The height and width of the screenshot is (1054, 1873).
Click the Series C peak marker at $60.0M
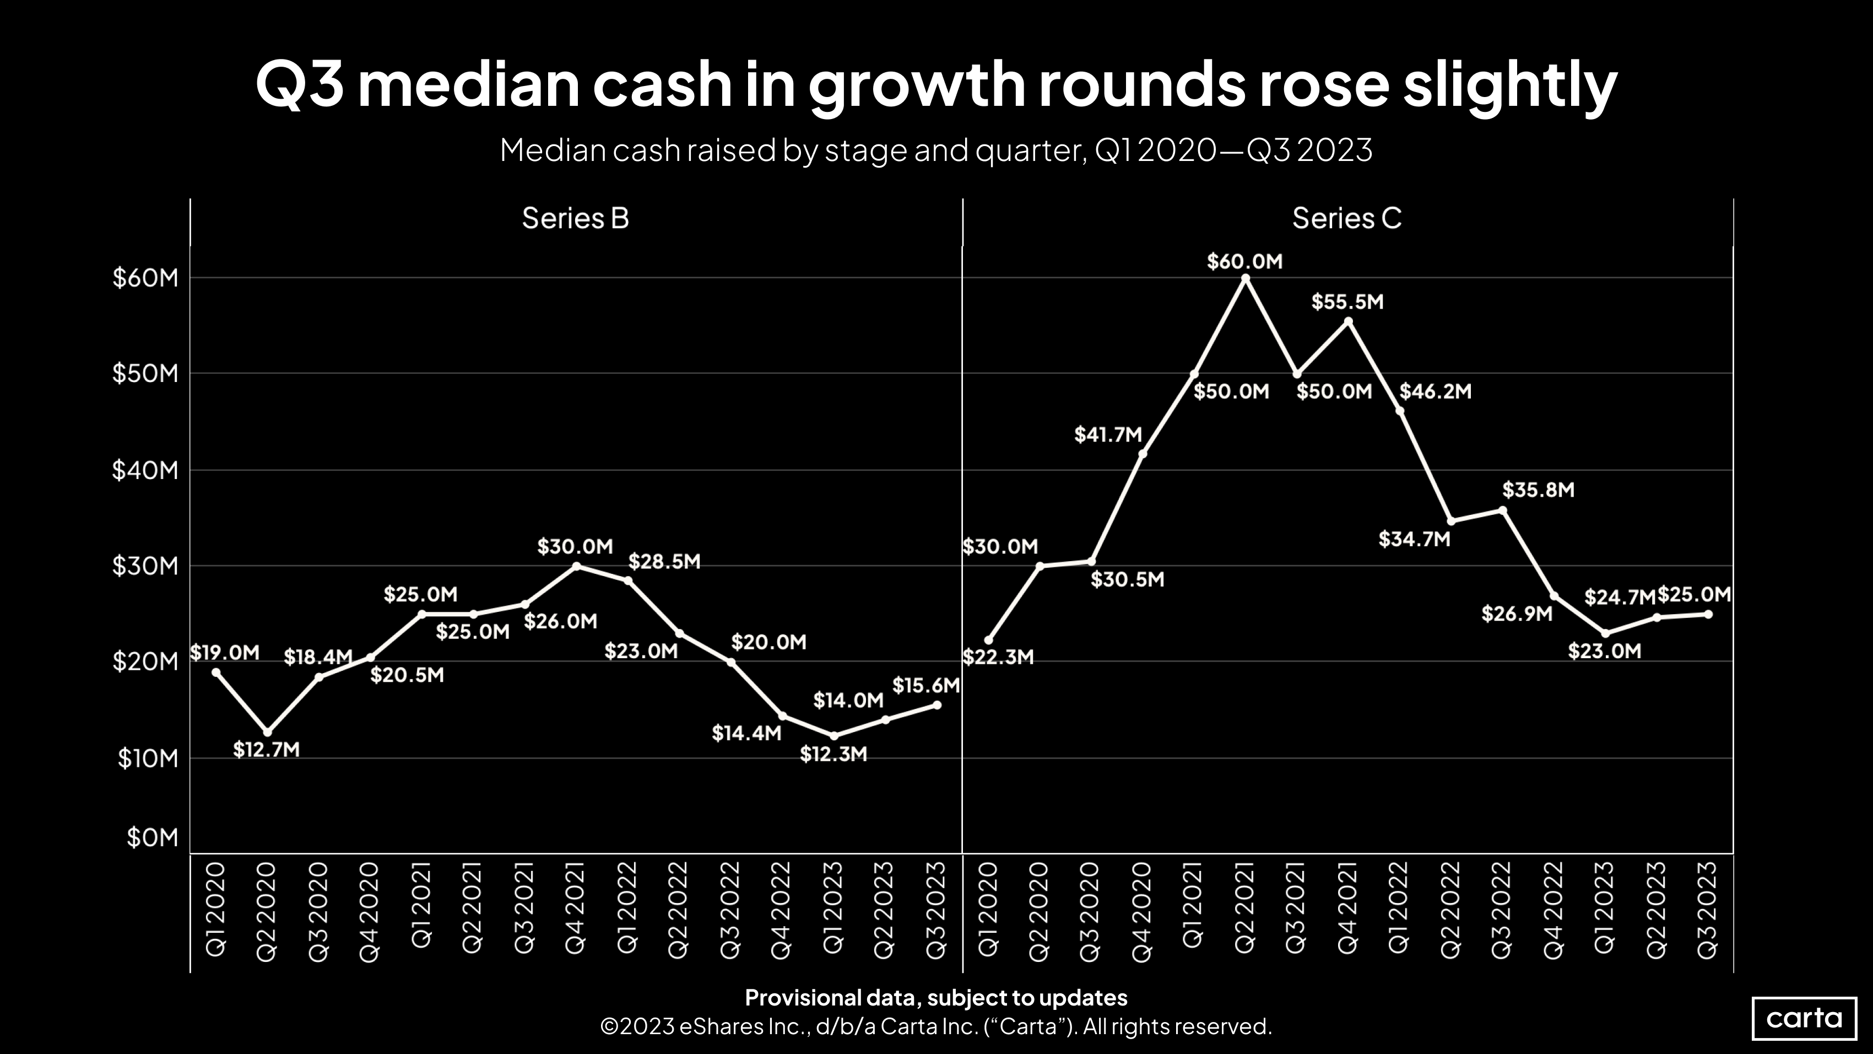click(x=1246, y=278)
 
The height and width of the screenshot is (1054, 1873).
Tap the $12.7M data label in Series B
click(x=266, y=749)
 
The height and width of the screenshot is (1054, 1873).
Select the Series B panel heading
click(x=575, y=218)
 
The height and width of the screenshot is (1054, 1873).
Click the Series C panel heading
click(x=1346, y=218)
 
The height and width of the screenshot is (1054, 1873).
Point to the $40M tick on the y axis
click(x=145, y=470)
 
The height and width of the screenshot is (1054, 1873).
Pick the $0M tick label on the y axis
click(x=152, y=837)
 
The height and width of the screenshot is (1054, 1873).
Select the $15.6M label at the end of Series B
click(x=925, y=685)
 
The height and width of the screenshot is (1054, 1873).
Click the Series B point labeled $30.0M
click(x=577, y=566)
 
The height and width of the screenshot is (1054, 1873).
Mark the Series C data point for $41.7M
click(x=1143, y=454)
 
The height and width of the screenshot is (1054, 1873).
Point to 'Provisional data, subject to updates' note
click(x=936, y=997)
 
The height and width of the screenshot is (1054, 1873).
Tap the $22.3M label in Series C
click(x=998, y=658)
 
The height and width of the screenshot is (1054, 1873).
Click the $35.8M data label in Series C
click(x=1538, y=490)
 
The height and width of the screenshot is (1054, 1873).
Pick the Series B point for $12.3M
click(x=834, y=736)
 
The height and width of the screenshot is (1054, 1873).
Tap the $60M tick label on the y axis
click(x=145, y=278)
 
